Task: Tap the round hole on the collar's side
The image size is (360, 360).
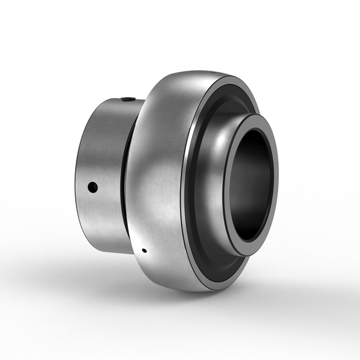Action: [93, 188]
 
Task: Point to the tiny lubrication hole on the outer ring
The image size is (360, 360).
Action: [143, 250]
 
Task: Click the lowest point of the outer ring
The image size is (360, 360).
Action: [196, 291]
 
